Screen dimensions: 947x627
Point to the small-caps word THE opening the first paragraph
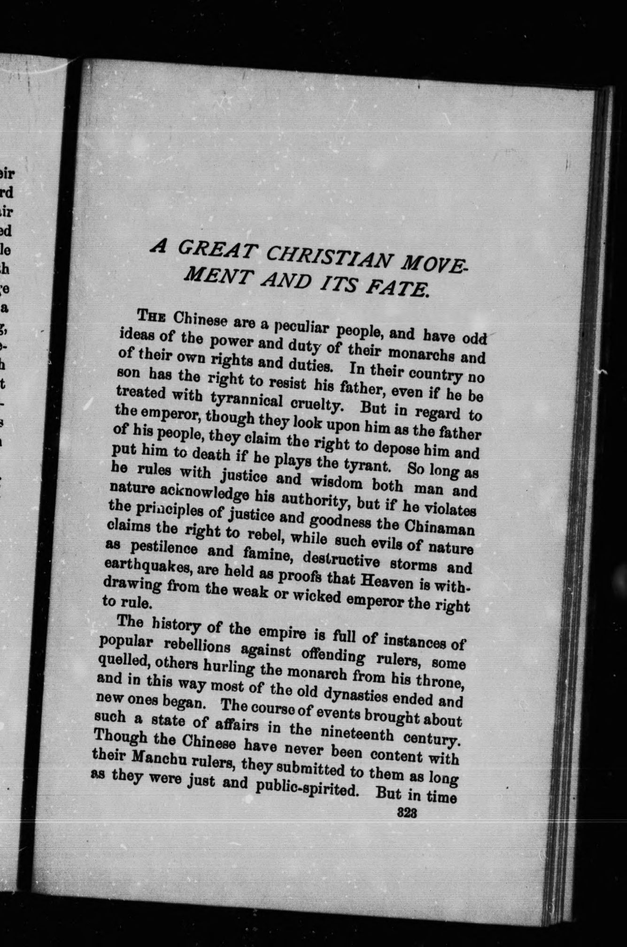(151, 316)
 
